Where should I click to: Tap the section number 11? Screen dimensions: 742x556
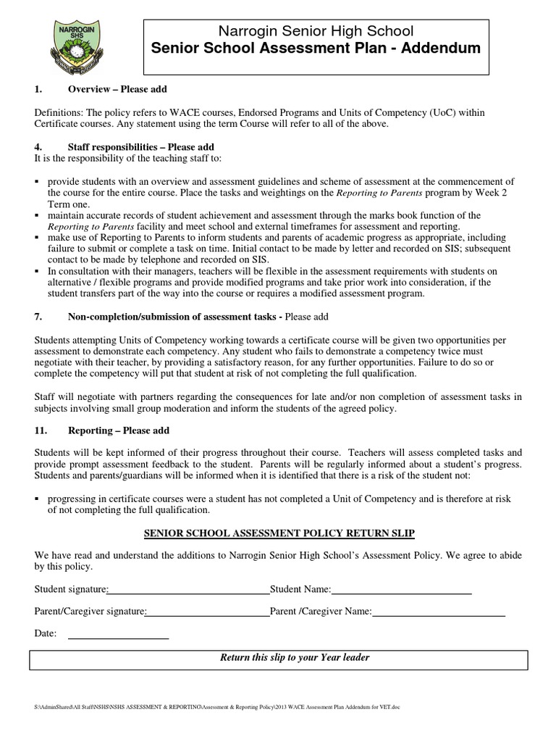click(x=41, y=430)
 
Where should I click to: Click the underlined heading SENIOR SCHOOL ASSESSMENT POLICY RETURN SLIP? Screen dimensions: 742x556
click(x=279, y=533)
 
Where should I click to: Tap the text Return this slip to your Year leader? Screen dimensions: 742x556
click(x=294, y=658)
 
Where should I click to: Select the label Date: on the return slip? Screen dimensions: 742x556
click(x=46, y=634)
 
